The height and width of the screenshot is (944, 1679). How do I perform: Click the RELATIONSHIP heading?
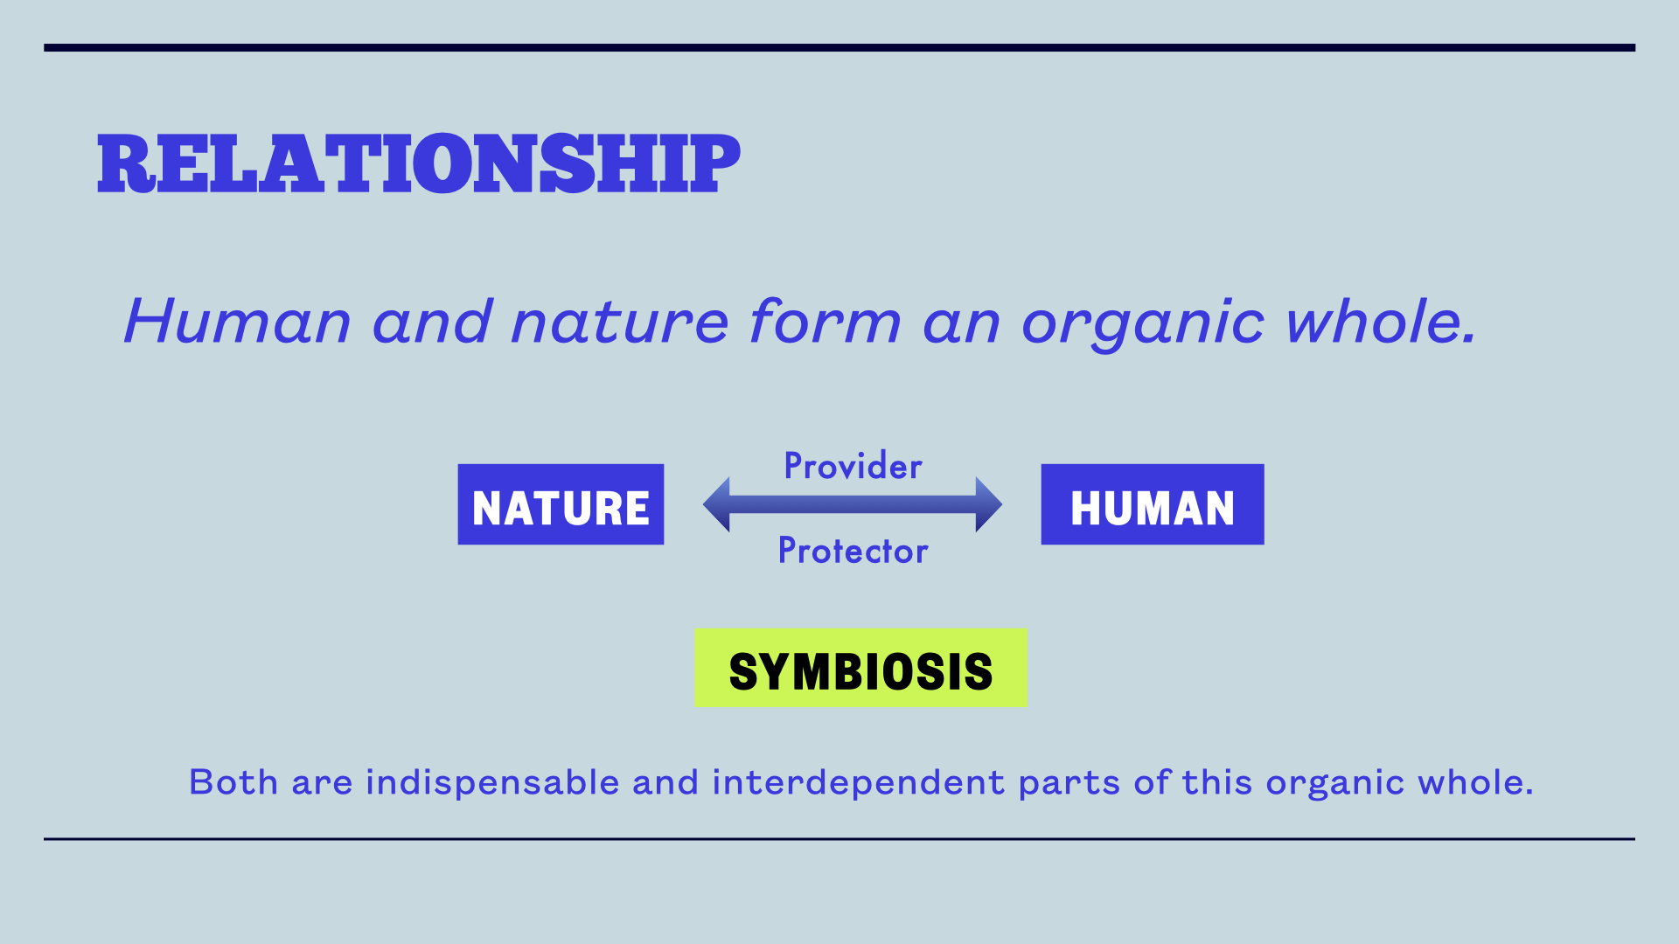click(419, 163)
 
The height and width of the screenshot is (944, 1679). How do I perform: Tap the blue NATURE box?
click(561, 504)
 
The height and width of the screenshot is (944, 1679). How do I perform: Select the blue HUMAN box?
click(1153, 504)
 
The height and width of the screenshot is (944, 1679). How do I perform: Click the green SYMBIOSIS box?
click(860, 668)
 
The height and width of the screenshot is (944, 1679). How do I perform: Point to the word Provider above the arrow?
click(853, 466)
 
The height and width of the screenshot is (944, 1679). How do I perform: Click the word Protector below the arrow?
click(853, 551)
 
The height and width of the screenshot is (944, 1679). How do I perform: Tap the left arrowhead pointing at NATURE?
click(716, 504)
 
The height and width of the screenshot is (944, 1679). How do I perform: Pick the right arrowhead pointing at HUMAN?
click(989, 504)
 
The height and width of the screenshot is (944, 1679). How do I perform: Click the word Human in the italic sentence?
click(238, 322)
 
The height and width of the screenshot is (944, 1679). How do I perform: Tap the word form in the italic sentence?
click(826, 321)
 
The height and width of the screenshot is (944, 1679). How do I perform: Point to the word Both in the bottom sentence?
click(233, 782)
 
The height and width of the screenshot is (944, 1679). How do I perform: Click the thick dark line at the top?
click(839, 48)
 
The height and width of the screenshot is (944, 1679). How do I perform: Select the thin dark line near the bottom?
click(839, 839)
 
